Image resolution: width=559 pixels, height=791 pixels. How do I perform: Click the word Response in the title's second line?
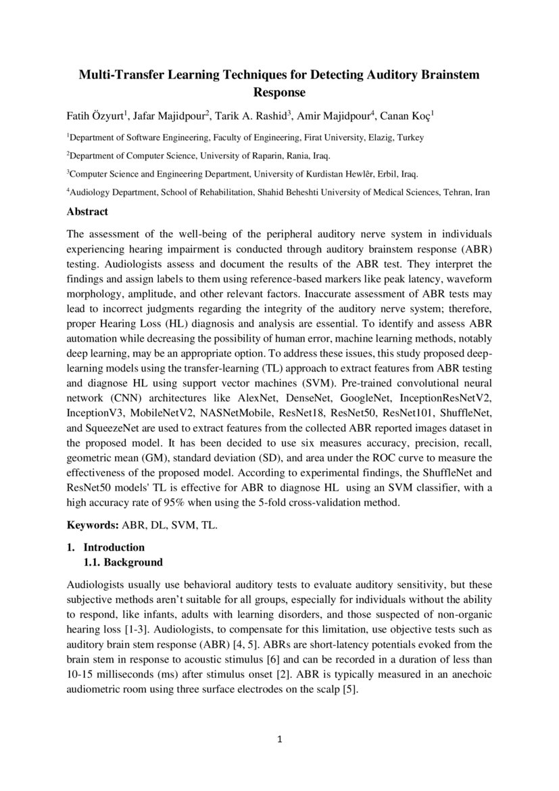(279, 92)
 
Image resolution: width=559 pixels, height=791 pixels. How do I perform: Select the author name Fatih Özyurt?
(93, 116)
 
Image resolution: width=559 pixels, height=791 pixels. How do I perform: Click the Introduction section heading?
(114, 547)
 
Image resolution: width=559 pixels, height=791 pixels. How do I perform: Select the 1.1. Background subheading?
(123, 562)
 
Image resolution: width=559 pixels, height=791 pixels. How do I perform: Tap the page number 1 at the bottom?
(279, 739)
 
